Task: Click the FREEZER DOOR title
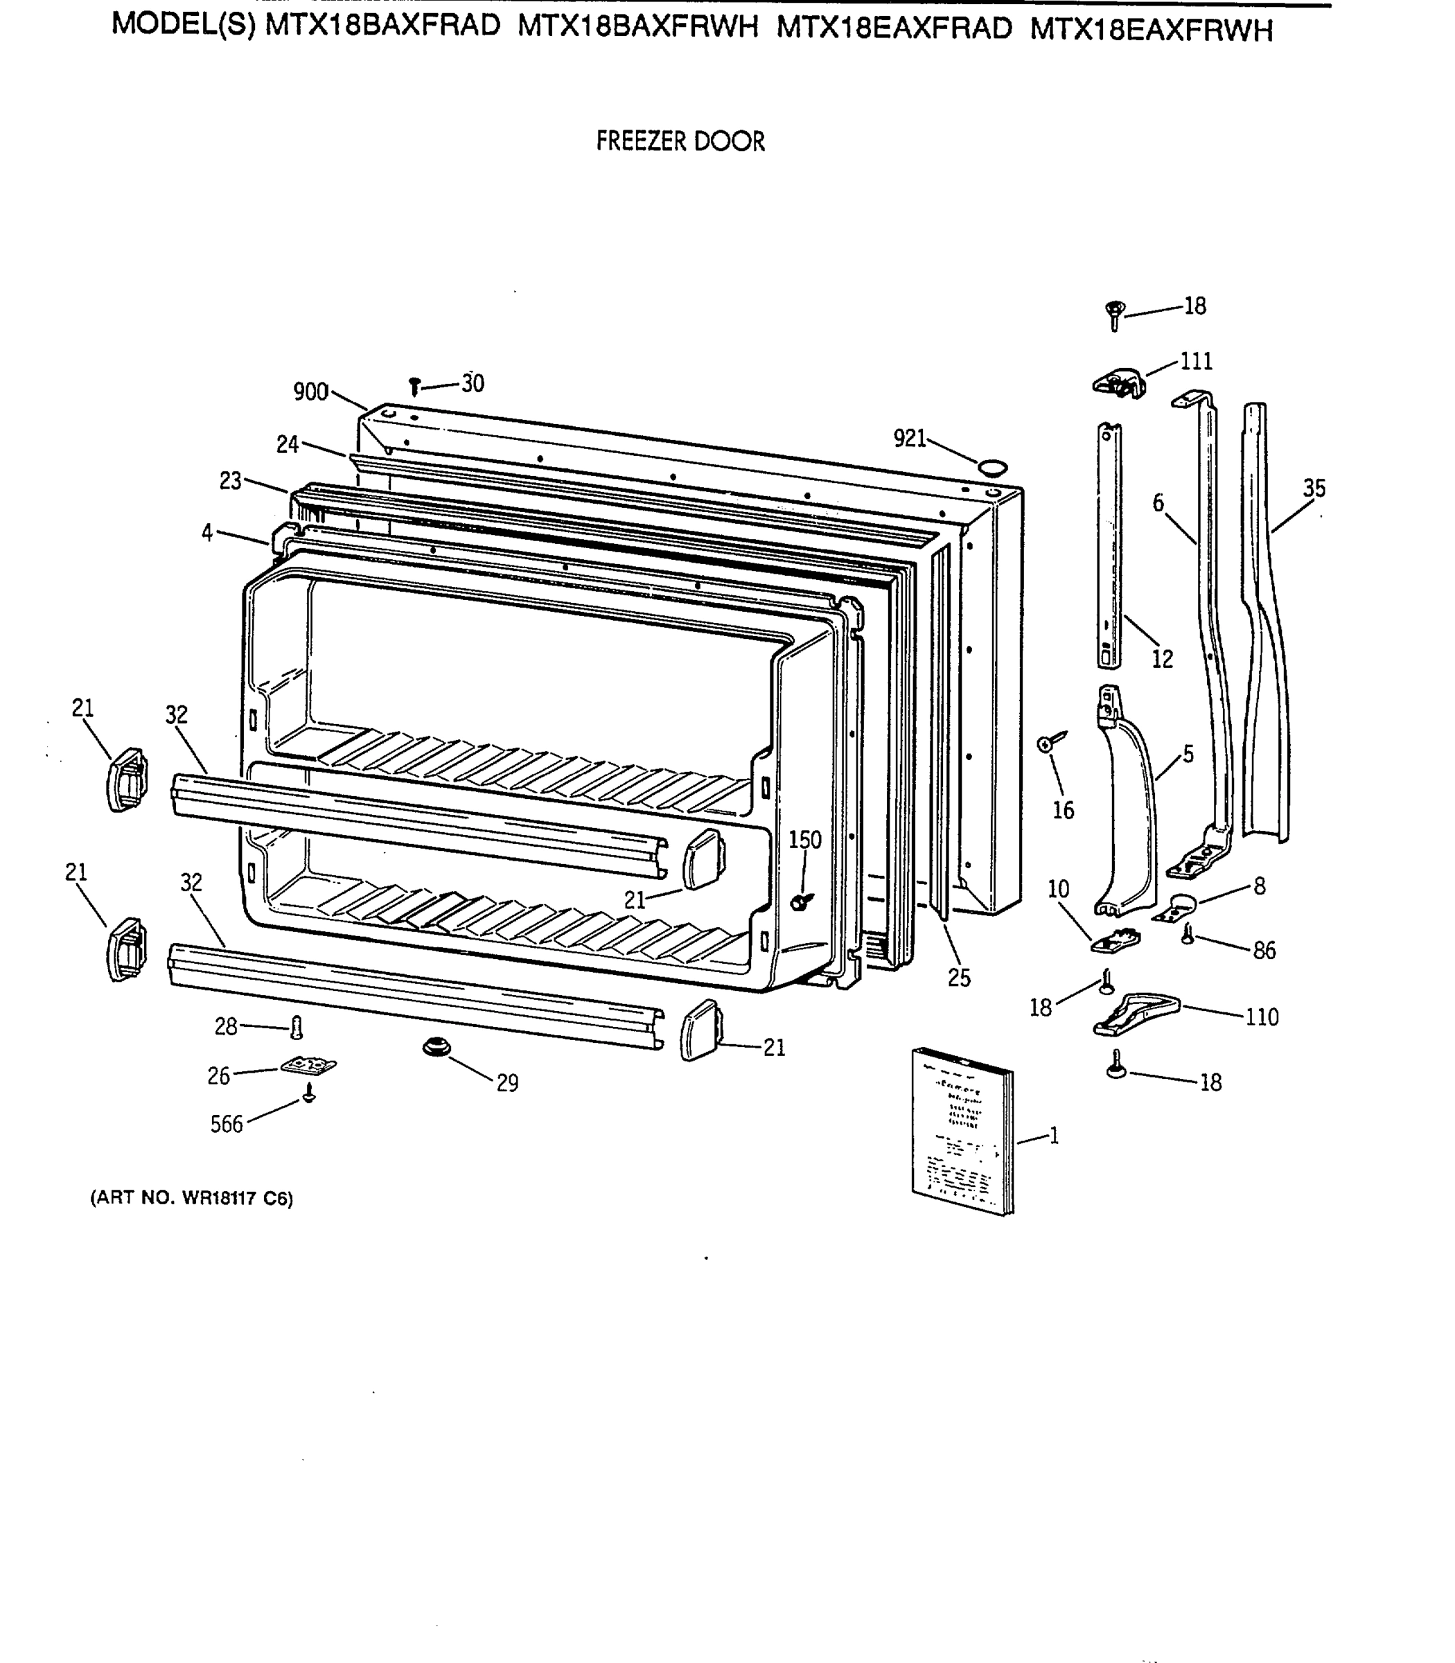(x=680, y=141)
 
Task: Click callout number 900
(x=310, y=392)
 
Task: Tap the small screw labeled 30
(x=415, y=386)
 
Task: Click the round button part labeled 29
(x=436, y=1048)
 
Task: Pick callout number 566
(x=227, y=1125)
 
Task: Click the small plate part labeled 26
(x=308, y=1064)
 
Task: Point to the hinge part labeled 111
(x=1120, y=382)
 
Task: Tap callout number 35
(x=1314, y=488)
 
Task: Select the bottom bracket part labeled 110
(x=1135, y=1015)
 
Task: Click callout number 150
(x=804, y=840)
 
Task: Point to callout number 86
(x=1263, y=950)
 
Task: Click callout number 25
(x=959, y=978)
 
